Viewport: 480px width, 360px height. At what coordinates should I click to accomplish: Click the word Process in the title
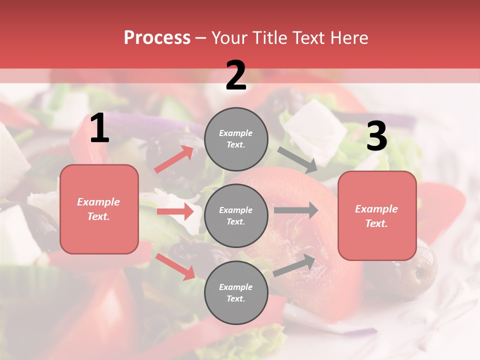(x=157, y=37)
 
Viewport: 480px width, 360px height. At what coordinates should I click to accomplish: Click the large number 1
(x=99, y=128)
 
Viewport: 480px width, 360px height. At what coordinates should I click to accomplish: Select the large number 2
(x=236, y=75)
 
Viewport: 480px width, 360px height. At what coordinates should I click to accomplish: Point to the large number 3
(x=376, y=136)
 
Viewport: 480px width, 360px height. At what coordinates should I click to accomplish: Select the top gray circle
(x=236, y=139)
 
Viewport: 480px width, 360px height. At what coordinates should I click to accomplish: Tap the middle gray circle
(x=236, y=215)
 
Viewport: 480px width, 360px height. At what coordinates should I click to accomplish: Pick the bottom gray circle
(x=236, y=292)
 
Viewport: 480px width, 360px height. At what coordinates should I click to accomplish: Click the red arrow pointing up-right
(x=174, y=159)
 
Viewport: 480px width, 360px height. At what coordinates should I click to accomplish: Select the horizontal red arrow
(x=175, y=211)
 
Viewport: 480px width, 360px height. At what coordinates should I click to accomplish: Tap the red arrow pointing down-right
(x=175, y=266)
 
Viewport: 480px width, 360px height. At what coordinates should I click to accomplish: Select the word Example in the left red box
(x=98, y=202)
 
